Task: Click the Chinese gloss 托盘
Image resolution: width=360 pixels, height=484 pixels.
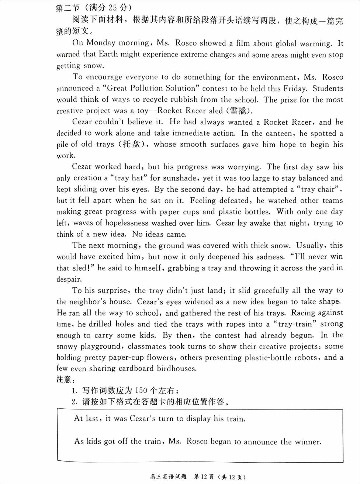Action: [131, 144]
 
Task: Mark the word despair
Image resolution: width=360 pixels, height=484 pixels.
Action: [69, 279]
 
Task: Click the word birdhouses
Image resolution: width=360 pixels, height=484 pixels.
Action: [177, 368]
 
